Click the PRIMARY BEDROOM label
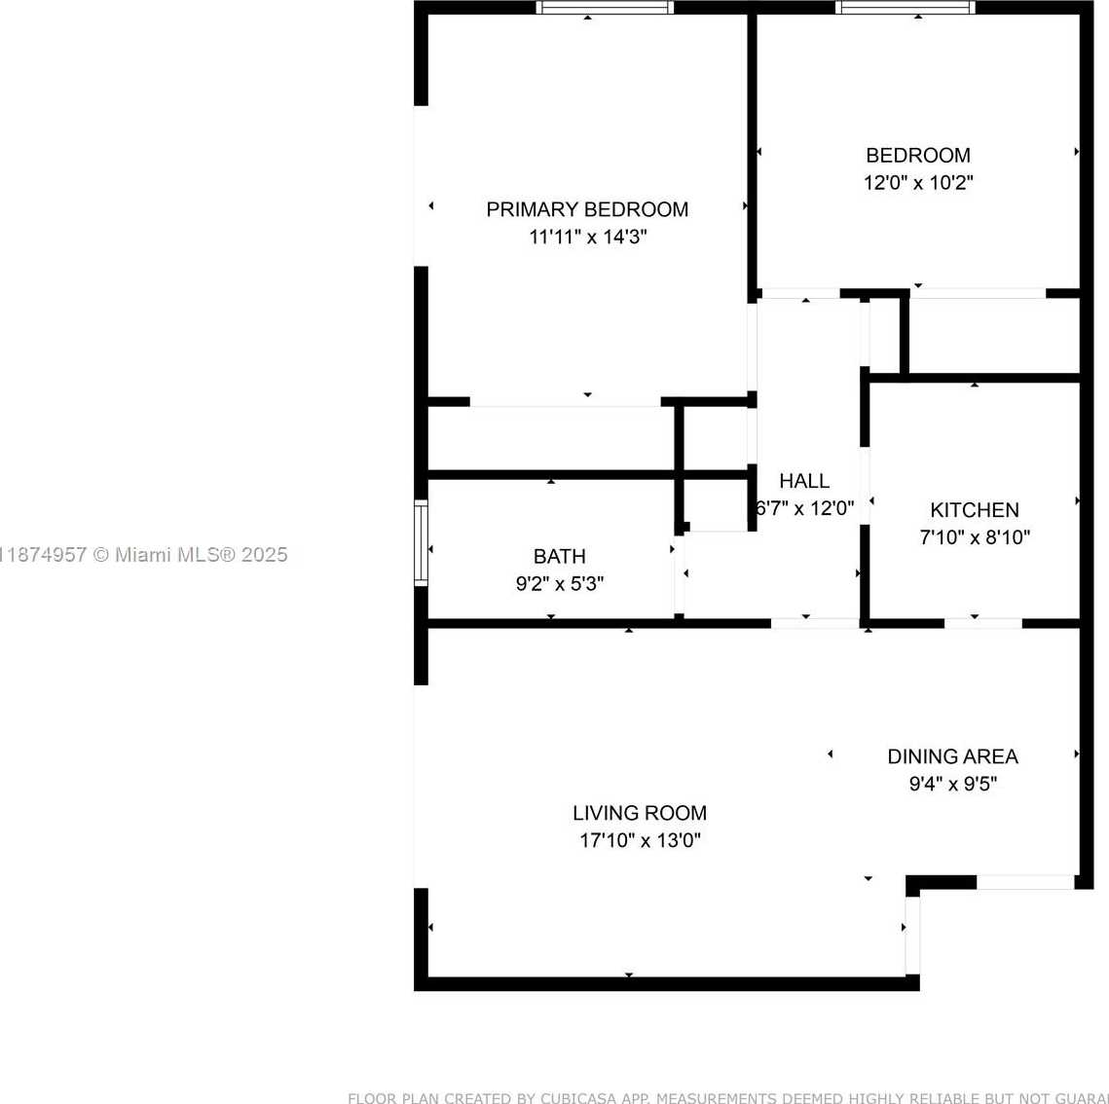click(x=587, y=209)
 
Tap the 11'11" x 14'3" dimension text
click(x=587, y=237)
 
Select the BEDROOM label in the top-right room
click(x=918, y=155)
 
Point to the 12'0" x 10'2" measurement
click(x=918, y=182)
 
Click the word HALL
click(x=804, y=481)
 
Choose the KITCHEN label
click(x=975, y=510)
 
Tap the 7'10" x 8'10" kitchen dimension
click(x=975, y=537)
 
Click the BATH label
click(x=560, y=557)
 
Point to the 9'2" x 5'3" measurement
click(x=560, y=584)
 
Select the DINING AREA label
click(x=952, y=756)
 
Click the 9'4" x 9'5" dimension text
click(x=952, y=784)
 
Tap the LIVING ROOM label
click(x=640, y=813)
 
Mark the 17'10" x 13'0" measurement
click(x=640, y=840)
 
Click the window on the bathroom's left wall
click(x=421, y=542)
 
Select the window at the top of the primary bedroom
click(x=605, y=8)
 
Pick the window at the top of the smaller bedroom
click(x=905, y=8)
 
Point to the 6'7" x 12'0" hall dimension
click(x=805, y=508)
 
